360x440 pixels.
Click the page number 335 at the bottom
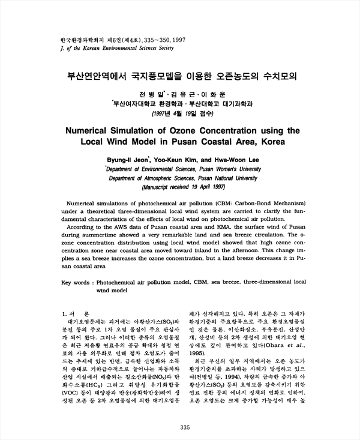(184, 427)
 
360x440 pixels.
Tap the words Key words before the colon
(76, 281)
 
